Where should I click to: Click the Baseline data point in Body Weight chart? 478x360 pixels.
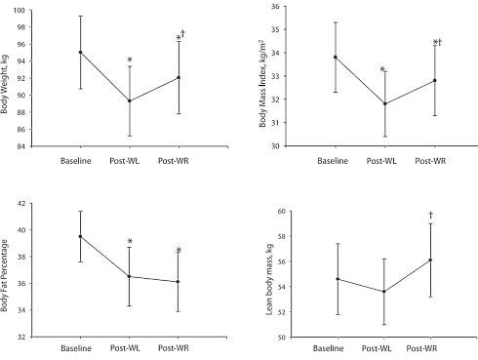[80, 52]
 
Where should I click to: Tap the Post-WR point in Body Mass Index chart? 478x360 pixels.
[435, 80]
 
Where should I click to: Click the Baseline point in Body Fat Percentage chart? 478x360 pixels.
[80, 236]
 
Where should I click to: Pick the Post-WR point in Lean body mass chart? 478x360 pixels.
[430, 260]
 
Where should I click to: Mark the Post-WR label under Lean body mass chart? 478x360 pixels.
[430, 347]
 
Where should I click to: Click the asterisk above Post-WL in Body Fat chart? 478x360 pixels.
[130, 242]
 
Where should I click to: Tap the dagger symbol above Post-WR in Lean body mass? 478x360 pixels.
[430, 216]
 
